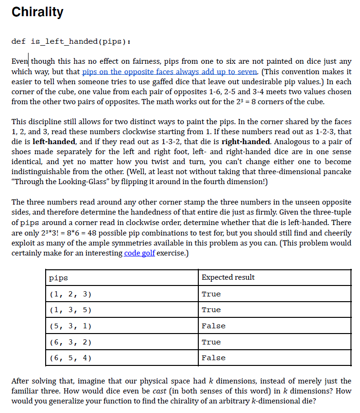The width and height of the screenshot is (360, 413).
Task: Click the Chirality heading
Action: tap(37, 12)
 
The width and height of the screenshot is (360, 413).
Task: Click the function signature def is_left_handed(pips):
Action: tap(70, 41)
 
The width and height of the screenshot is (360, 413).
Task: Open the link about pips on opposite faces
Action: tap(170, 72)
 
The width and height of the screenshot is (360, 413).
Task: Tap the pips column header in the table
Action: tap(58, 277)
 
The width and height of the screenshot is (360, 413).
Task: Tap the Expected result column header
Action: tap(228, 277)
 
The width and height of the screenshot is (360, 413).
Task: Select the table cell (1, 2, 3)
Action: tap(70, 294)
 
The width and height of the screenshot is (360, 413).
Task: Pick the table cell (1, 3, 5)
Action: tap(70, 310)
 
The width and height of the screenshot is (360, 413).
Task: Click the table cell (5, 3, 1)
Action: tap(70, 326)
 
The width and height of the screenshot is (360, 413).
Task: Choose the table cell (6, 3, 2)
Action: tap(70, 342)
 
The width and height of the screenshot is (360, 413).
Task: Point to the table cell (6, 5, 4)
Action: tap(70, 358)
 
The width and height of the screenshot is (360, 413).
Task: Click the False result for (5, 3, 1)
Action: tap(213, 326)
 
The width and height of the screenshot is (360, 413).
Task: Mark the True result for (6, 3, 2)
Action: tap(211, 342)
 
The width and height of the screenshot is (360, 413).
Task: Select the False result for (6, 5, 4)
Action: tap(213, 358)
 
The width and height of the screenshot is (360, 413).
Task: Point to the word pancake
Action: tap(337, 171)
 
